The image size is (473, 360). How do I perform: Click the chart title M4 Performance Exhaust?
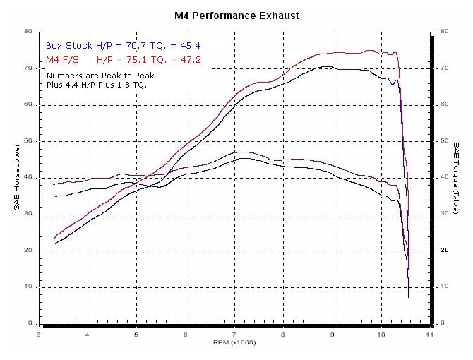click(x=236, y=15)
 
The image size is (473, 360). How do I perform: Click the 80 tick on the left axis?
click(x=26, y=32)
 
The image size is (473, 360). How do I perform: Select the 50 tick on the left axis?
click(x=26, y=141)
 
